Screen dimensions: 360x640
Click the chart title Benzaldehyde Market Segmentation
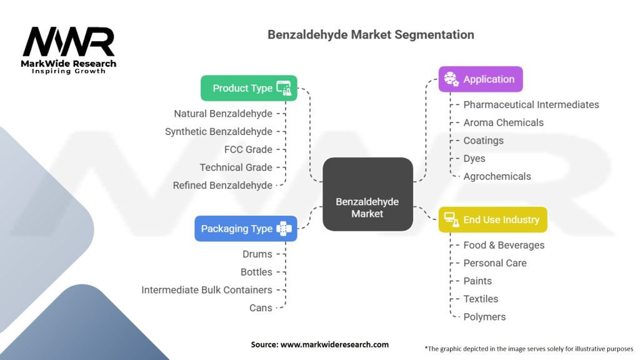(371, 34)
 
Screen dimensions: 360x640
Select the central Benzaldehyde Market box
(367, 194)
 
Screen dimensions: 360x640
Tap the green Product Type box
(249, 88)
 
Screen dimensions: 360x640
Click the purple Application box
(480, 79)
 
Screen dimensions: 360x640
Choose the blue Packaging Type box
(245, 229)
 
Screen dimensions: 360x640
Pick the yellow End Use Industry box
(492, 220)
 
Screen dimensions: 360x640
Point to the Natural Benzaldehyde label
(223, 114)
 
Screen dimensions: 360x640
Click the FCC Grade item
(248, 149)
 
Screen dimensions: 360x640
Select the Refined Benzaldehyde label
(222, 185)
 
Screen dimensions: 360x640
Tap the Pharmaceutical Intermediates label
(531, 104)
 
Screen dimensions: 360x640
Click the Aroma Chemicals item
(503, 122)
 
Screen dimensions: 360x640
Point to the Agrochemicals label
(497, 176)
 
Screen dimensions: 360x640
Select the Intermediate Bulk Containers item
(207, 290)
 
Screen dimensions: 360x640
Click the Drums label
(257, 254)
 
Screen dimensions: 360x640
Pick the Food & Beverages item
(504, 245)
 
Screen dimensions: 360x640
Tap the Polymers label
(484, 317)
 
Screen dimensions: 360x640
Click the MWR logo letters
(69, 42)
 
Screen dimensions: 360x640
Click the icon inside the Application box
(451, 79)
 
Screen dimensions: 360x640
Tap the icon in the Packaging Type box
(284, 229)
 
